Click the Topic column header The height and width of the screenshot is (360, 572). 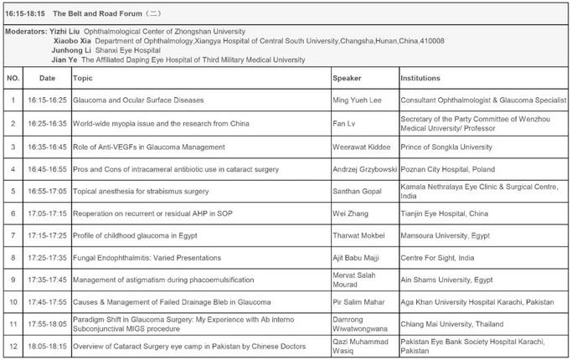click(83, 78)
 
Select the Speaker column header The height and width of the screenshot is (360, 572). click(348, 78)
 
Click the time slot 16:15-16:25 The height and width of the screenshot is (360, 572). click(47, 100)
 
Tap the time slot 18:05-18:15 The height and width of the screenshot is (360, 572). click(47, 346)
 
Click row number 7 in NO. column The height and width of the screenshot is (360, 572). click(13, 234)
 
